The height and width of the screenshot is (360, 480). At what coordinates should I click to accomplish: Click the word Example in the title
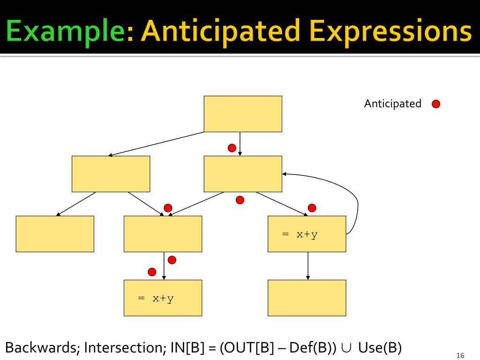[67, 31]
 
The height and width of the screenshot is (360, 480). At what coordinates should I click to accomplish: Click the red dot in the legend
[436, 104]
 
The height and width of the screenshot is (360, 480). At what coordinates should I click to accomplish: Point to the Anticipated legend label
[393, 104]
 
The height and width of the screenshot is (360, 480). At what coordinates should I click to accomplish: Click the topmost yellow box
[243, 114]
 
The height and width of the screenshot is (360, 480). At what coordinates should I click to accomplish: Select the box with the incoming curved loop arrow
[243, 174]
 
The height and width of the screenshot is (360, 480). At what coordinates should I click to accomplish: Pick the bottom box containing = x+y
[163, 298]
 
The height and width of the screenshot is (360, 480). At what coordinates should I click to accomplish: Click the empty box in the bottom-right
[307, 298]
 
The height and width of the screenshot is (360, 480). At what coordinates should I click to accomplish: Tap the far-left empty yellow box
[55, 234]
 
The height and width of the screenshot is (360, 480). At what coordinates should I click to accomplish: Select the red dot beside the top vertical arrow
[232, 148]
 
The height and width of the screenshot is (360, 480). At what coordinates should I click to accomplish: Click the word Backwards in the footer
[41, 348]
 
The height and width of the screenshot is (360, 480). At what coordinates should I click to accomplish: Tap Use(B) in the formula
[380, 348]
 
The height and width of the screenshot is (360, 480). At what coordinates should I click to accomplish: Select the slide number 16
[459, 355]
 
